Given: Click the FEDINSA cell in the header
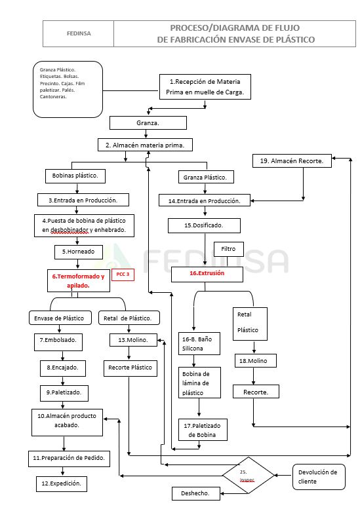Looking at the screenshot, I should pos(79,33).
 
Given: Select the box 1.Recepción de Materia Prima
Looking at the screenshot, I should pos(205,87).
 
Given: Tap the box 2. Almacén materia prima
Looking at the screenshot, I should pos(144,145).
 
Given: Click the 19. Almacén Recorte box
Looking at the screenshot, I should pos(292,161).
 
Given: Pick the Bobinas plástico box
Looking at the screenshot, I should pos(75,176).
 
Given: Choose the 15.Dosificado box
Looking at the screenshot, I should pos(204,225).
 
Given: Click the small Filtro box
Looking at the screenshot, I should pos(228,249).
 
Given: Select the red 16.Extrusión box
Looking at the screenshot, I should pos(207,273).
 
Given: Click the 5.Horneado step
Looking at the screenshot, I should pos(78,250).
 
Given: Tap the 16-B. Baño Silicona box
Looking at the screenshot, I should pos(199,343).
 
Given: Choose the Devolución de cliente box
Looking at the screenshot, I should pos(317,476).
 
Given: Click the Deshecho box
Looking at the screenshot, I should pos(195,493).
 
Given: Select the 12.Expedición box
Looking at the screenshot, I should pos(62,483).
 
